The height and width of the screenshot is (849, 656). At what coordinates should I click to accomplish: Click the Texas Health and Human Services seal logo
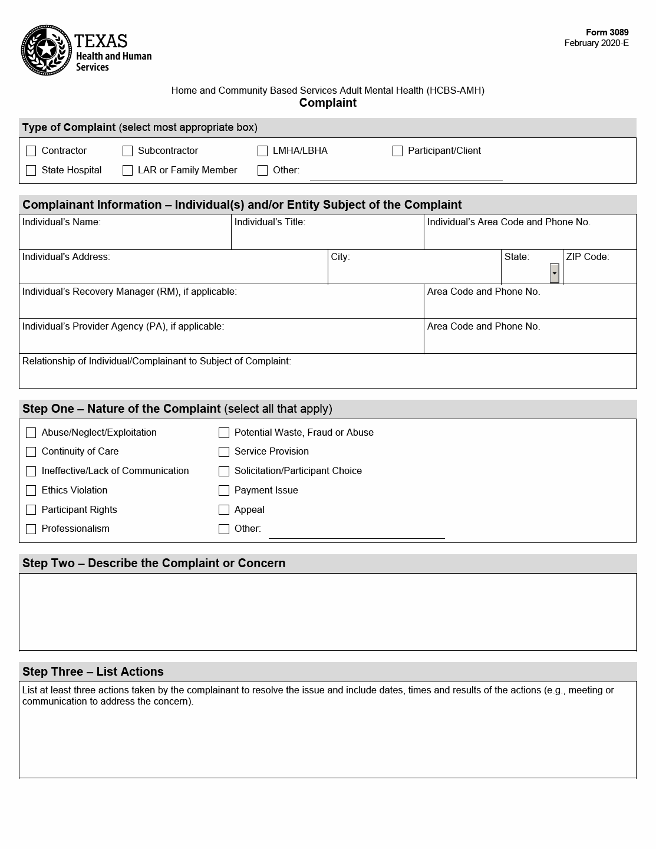[47, 50]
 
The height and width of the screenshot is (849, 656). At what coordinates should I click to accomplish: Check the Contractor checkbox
[31, 151]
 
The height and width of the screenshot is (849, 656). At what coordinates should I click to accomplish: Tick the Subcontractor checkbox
[127, 151]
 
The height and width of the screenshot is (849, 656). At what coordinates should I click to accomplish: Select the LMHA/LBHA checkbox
[262, 151]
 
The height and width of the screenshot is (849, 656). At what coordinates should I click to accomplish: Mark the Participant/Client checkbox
[397, 151]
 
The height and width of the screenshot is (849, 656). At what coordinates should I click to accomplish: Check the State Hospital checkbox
[31, 170]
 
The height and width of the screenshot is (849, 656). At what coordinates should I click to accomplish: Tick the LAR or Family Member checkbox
[127, 170]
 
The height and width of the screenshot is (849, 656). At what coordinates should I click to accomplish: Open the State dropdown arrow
[554, 273]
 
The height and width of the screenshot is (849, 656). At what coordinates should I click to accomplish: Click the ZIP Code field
[599, 272]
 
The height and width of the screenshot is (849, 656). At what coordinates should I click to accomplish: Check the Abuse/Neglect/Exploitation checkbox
[31, 433]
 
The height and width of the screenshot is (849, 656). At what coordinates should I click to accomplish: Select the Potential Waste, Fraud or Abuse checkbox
[224, 433]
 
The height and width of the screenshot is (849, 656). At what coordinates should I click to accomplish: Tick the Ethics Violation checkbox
[31, 491]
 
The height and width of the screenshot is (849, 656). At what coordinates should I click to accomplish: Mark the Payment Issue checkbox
[224, 491]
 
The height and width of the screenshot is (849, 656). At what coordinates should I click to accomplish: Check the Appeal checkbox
[224, 510]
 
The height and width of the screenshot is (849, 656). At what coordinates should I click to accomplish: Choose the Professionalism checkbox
[31, 529]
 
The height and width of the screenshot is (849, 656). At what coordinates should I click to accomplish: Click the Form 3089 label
[606, 32]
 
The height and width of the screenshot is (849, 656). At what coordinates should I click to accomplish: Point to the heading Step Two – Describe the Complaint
[154, 563]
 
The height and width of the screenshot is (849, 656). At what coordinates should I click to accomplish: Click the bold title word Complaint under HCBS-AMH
[328, 103]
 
